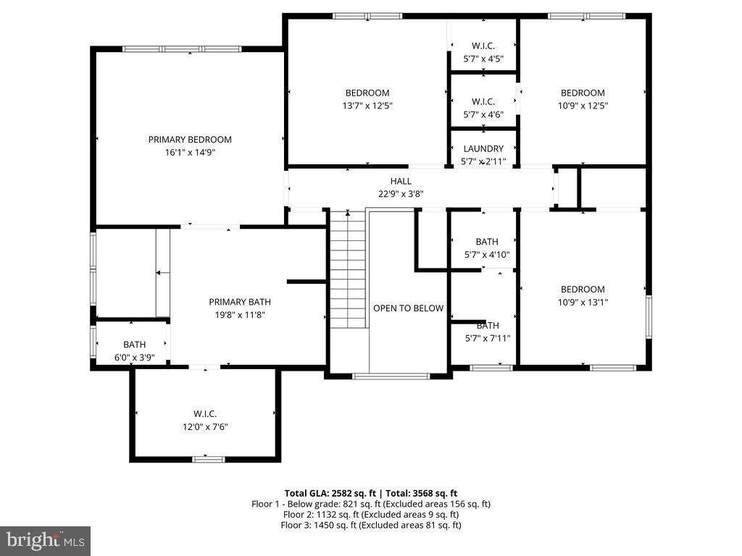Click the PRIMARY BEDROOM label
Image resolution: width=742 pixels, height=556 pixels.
(190, 140)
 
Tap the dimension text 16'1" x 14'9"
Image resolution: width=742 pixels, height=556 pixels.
(190, 153)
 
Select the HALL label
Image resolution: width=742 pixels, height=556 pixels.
(401, 181)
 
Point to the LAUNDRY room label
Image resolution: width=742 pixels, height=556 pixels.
(483, 149)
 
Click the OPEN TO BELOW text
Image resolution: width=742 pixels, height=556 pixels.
(408, 308)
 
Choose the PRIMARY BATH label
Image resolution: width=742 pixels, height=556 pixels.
(240, 302)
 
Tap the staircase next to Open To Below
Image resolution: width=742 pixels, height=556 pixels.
(348, 268)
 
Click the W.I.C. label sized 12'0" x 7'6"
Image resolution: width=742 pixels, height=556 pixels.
(205, 413)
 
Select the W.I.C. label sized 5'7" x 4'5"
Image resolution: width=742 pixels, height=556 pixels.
(483, 46)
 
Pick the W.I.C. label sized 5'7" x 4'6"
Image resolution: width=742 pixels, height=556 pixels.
(483, 101)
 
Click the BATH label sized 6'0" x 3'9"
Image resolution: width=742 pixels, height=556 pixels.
(134, 345)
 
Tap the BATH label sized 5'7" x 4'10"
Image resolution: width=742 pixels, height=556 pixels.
(487, 242)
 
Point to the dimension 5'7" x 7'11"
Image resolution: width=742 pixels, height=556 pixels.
(487, 338)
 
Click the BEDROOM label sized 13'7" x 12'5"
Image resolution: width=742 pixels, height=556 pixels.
(367, 93)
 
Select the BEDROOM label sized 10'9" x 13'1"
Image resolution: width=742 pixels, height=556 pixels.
(583, 290)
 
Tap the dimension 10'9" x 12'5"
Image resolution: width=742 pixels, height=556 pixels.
(583, 106)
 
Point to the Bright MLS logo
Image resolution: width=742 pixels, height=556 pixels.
(45, 540)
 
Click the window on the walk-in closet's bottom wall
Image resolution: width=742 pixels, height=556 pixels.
(209, 458)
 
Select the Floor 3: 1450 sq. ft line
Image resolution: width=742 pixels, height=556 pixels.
(370, 525)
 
